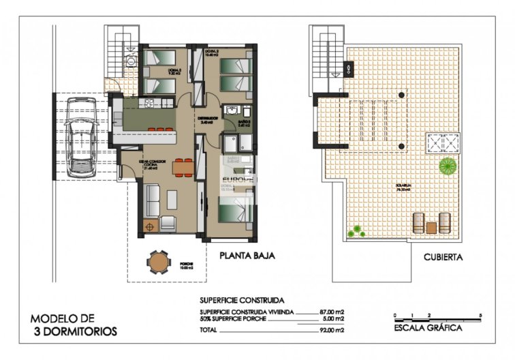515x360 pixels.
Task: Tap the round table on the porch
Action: tap(158, 261)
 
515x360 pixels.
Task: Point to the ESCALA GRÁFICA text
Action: tap(428, 328)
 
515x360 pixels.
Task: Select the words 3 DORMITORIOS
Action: tap(75, 332)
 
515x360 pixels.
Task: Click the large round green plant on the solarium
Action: tap(448, 165)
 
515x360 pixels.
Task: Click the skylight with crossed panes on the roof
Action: tap(440, 143)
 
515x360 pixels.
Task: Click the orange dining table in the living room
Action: tap(181, 166)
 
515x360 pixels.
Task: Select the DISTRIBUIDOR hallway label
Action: tap(208, 118)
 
